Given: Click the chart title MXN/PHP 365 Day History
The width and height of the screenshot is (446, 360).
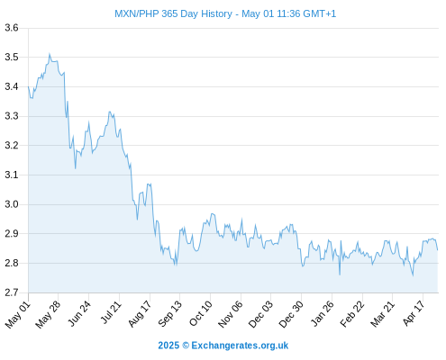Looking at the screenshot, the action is [173, 13].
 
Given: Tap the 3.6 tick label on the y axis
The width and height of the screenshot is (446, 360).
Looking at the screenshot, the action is [12, 28].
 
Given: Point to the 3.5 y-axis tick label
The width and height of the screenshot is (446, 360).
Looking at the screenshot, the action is [12, 57].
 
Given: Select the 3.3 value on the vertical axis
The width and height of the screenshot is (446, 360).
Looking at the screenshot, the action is [12, 116].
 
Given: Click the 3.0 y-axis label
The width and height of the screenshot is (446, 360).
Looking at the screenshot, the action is [12, 204].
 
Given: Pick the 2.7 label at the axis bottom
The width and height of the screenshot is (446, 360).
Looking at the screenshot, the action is [12, 292].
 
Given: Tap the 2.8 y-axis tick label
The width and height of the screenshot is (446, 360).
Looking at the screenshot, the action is [12, 263].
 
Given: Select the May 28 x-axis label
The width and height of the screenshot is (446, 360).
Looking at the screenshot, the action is [48, 314].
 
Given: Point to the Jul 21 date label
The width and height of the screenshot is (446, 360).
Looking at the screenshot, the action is [110, 312].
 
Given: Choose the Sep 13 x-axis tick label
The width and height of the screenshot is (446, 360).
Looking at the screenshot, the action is [169, 314].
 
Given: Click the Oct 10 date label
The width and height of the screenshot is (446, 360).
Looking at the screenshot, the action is [200, 313].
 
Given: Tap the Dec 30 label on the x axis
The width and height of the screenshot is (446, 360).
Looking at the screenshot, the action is [291, 314].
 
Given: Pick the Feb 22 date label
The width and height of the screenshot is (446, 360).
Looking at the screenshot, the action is [352, 314].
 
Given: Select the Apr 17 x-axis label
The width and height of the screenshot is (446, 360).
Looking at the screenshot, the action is [414, 313].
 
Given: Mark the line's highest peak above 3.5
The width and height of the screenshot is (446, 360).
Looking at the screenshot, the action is [50, 54].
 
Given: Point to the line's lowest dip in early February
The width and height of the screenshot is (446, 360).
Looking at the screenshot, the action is [340, 274].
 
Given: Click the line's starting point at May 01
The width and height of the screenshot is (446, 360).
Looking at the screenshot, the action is [29, 86].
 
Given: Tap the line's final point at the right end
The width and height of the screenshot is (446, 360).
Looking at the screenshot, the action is [438, 250].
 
